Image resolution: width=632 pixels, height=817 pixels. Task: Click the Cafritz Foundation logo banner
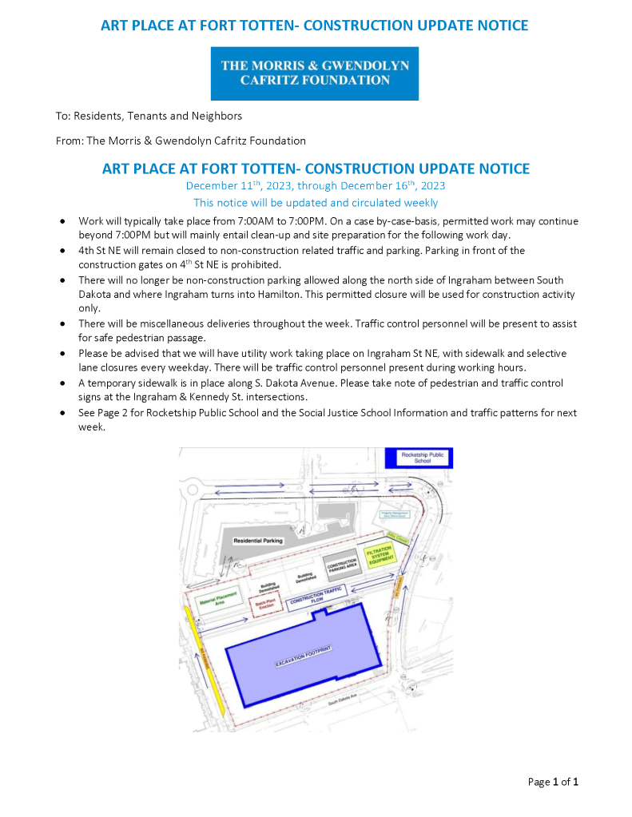(315, 73)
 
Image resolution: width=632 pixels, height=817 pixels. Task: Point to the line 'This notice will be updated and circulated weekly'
(315, 203)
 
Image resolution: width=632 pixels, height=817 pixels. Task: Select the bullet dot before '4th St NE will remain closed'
(63, 251)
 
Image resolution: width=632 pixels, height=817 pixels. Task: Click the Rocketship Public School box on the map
(419, 458)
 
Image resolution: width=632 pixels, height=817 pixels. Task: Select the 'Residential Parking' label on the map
(258, 541)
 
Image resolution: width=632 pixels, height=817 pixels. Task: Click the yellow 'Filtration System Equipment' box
(380, 557)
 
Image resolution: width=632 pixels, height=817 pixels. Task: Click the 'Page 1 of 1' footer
(553, 781)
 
